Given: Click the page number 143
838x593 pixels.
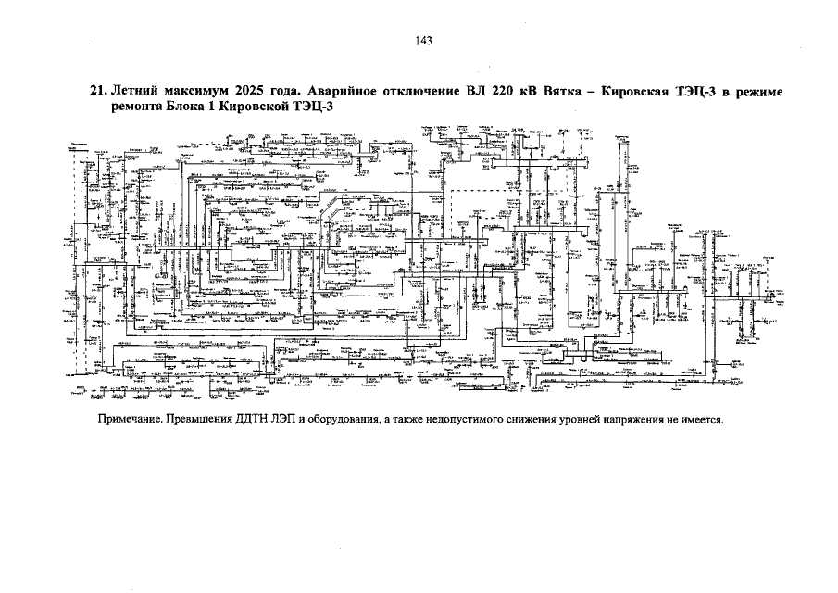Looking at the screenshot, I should (424, 41).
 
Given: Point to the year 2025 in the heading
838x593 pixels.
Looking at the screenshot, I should (255, 92).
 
